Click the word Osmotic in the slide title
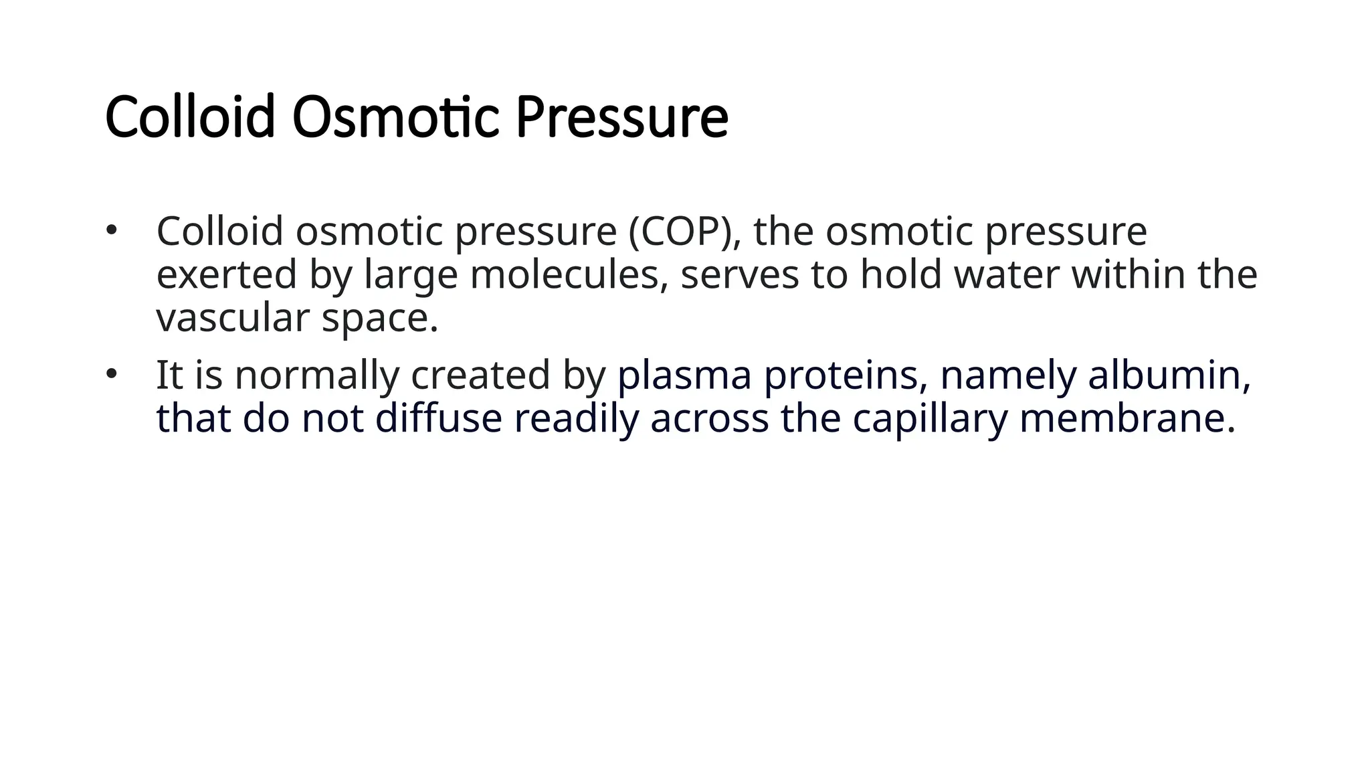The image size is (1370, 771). pyautogui.click(x=395, y=118)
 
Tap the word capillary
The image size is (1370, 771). pyautogui.click(x=930, y=420)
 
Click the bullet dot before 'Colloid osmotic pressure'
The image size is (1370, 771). pyautogui.click(x=111, y=231)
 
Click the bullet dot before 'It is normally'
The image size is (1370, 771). pyautogui.click(x=111, y=374)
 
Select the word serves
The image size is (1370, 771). pyautogui.click(x=739, y=276)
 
